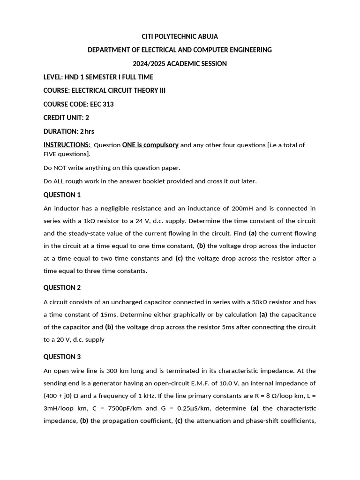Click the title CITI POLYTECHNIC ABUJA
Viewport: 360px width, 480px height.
[180, 36]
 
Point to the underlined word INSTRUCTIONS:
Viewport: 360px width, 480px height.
[67, 145]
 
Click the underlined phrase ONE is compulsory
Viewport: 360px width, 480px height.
[150, 145]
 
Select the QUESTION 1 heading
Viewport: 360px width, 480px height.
[62, 195]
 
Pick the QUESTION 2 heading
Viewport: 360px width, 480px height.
[62, 287]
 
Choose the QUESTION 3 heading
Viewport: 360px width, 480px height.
[62, 356]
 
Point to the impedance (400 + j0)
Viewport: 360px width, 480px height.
[60, 396]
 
